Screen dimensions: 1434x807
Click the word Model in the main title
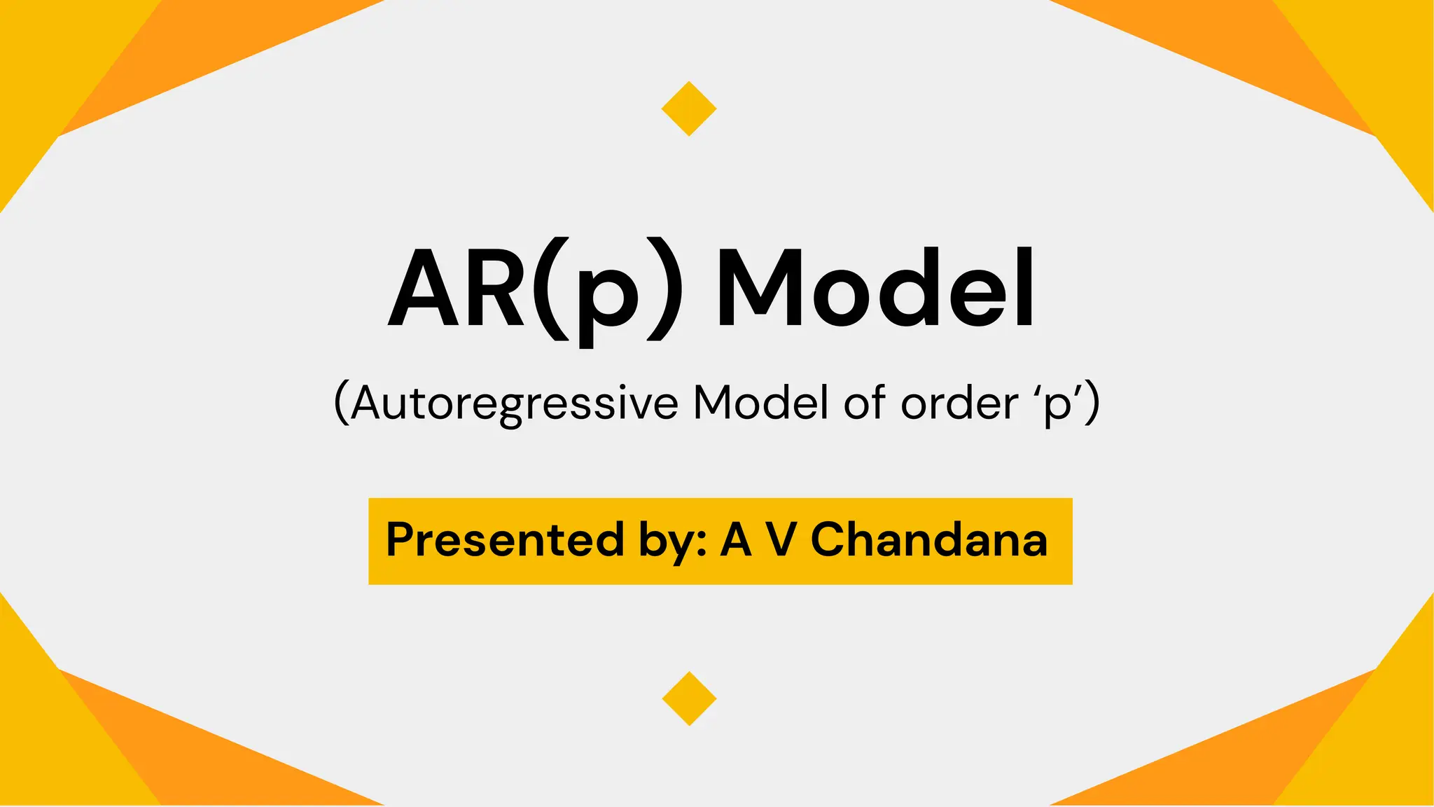[875, 288]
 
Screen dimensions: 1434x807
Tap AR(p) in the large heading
[535, 294]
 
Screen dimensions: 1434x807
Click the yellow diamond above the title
[689, 109]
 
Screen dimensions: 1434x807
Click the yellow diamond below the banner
[689, 698]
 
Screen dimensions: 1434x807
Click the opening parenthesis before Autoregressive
[342, 403]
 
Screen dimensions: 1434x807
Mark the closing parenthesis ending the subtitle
[1093, 403]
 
